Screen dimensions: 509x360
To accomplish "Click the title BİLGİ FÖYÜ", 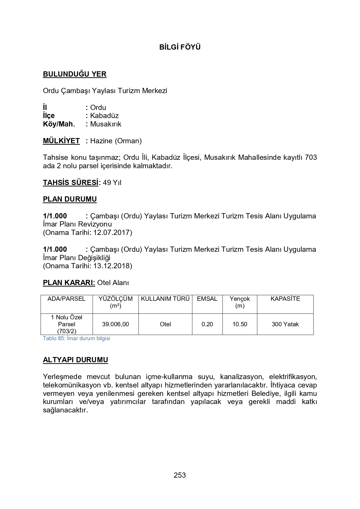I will point(180,47).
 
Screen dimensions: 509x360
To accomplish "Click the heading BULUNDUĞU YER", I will point(75,74).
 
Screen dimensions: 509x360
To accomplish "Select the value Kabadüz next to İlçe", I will point(104,116).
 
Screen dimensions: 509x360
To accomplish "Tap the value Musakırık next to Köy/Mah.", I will point(106,124).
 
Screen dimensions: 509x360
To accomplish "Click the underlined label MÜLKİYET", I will point(61,141).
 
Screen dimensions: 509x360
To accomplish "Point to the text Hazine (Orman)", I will point(116,141).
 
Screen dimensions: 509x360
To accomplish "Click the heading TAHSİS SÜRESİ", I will point(70,183).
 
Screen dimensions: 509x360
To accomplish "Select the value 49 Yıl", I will point(112,183).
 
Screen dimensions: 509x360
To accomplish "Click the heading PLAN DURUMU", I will point(70,199).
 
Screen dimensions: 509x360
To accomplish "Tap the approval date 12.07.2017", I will point(112,233).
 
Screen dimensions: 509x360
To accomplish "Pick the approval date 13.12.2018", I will point(112,266).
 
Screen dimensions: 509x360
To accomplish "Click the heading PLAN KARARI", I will point(69,283).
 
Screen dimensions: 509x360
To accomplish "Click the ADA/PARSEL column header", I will point(66,299).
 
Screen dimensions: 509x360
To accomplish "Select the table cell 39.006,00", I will point(115,324).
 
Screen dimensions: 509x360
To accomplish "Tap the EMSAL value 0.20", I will point(207,324).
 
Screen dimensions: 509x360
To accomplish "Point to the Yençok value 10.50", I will point(240,324).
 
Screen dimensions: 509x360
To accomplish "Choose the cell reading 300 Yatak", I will point(285,324).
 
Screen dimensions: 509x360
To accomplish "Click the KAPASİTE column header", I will point(285,299).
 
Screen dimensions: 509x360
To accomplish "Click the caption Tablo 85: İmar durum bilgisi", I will point(76,338).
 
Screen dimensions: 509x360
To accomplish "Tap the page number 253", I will point(180,475).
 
